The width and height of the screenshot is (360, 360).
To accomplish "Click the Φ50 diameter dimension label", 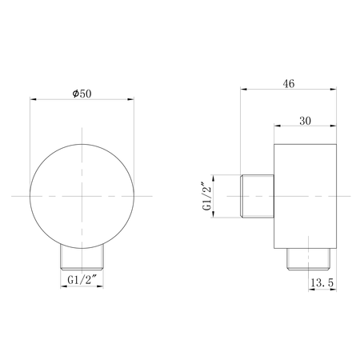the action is (x=82, y=94).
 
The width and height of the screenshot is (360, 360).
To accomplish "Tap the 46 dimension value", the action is (x=289, y=84).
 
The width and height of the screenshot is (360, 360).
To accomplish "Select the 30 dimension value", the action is (x=305, y=121).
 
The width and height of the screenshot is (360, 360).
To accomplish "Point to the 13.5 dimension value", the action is (x=322, y=282).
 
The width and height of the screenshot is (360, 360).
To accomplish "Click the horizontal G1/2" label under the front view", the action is (x=82, y=280).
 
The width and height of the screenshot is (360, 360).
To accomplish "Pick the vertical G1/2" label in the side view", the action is (x=207, y=196).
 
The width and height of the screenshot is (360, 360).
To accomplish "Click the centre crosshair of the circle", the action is (x=82, y=196).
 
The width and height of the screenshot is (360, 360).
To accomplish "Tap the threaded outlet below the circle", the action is (x=82, y=258).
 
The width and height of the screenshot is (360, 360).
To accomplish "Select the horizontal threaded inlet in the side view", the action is (x=258, y=196).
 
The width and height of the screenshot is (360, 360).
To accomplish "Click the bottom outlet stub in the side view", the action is (x=309, y=259).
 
